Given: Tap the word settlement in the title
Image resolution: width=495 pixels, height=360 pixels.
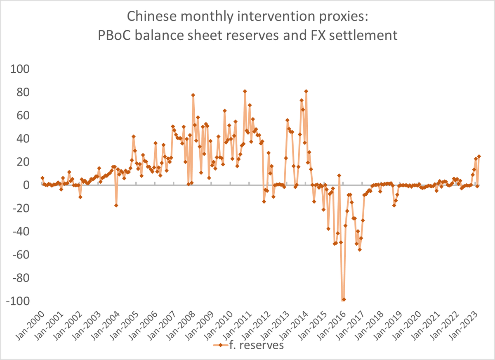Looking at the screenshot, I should point(359,35).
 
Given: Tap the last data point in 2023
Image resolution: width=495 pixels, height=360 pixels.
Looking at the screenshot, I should point(479,156).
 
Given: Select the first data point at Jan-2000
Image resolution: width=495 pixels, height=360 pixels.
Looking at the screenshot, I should point(42,178).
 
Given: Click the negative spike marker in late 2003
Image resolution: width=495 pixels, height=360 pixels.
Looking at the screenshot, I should point(116,205).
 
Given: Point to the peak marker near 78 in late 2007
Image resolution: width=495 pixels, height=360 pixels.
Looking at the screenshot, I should point(193,95).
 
